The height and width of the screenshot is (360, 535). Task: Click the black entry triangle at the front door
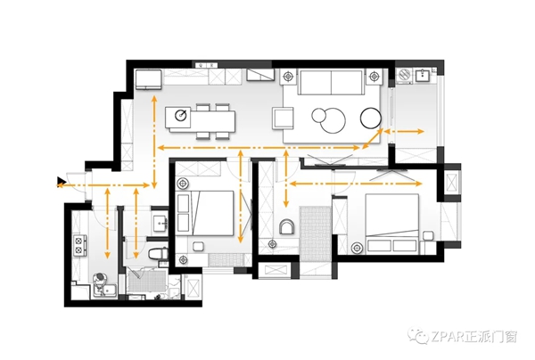pyautogui.click(x=61, y=182)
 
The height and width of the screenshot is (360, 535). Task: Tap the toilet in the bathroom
pyautogui.click(x=158, y=254)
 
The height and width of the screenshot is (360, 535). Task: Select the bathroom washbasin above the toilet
pyautogui.click(x=160, y=225)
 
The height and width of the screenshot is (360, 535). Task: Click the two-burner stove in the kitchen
pyautogui.click(x=79, y=245)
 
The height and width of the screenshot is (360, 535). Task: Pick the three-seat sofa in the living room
pyautogui.click(x=330, y=82)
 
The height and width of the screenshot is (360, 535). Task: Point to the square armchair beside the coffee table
pyautogui.click(x=284, y=118)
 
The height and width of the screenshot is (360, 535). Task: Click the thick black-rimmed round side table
pyautogui.click(x=371, y=118)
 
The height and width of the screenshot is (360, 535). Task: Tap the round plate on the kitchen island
pyautogui.click(x=181, y=115)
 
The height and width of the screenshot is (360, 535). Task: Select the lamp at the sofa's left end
pyautogui.click(x=289, y=76)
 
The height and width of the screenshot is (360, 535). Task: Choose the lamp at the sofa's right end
pyautogui.click(x=374, y=76)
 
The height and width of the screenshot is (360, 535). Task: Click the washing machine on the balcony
pyautogui.click(x=405, y=76)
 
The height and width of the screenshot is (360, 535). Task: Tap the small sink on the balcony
pyautogui.click(x=423, y=75)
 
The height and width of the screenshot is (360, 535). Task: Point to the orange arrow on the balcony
pyautogui.click(x=404, y=131)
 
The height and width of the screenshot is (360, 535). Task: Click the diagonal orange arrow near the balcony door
pyautogui.click(x=372, y=139)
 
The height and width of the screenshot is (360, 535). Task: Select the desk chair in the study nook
pyautogui.click(x=287, y=226)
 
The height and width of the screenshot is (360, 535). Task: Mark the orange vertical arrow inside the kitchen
pyautogui.click(x=108, y=223)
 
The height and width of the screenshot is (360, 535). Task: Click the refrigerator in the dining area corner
pyautogui.click(x=148, y=80)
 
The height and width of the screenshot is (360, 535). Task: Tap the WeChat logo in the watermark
pyautogui.click(x=418, y=336)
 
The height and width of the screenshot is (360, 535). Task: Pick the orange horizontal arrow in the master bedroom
pyautogui.click(x=356, y=184)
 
